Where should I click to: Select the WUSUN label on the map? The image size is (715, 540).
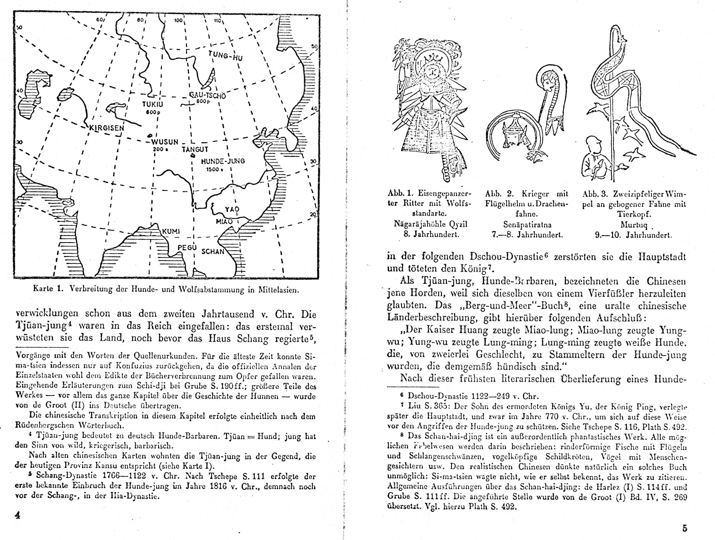click(x=165, y=142)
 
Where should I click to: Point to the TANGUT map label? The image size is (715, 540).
click(x=195, y=149)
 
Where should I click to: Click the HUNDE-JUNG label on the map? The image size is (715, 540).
click(x=223, y=161)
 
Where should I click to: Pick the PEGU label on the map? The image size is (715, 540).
click(x=187, y=248)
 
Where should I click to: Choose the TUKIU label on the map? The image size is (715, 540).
click(x=153, y=104)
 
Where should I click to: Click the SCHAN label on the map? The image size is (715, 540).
click(x=213, y=252)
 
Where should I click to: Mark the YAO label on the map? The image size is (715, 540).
click(x=232, y=209)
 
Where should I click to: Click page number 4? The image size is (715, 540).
click(x=18, y=515)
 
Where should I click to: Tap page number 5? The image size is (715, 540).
click(x=685, y=529)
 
